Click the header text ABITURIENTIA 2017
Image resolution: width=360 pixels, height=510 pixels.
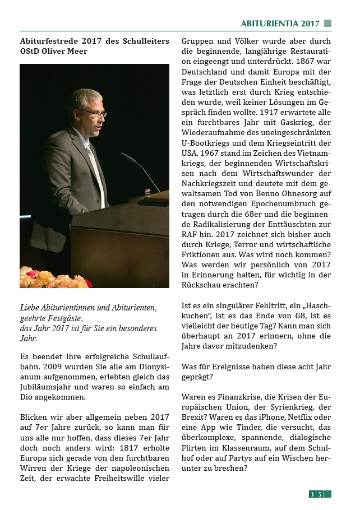(280, 24)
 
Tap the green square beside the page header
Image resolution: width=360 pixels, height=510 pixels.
(327, 24)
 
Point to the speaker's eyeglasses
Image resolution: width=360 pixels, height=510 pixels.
(94, 113)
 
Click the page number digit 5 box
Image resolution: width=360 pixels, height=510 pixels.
(320, 494)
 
